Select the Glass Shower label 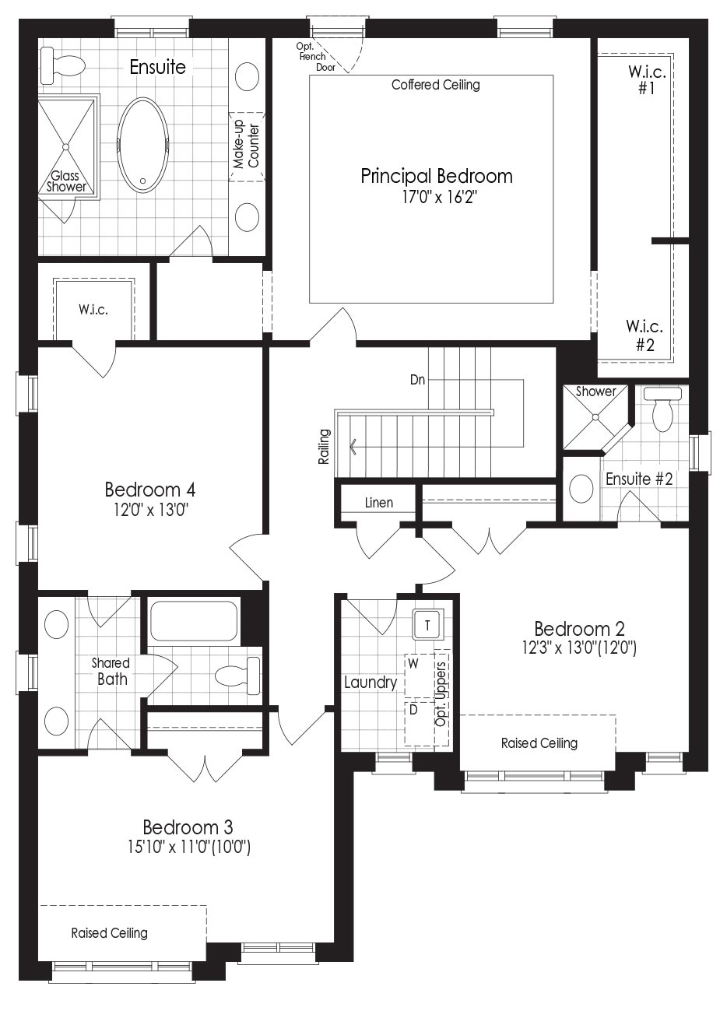[66, 181]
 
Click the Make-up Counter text [246, 144]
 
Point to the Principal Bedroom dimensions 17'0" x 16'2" [436, 197]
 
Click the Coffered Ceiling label [436, 85]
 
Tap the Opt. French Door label [315, 57]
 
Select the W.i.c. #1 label [647, 79]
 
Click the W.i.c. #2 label [644, 335]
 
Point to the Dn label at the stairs [417, 380]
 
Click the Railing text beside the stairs [324, 446]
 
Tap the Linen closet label [379, 503]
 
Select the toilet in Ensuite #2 [663, 409]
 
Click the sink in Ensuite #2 [581, 489]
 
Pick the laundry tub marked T [427, 625]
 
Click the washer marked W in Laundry [420, 676]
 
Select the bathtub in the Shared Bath [195, 621]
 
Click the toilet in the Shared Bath [237, 676]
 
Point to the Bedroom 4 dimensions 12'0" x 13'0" [151, 511]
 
